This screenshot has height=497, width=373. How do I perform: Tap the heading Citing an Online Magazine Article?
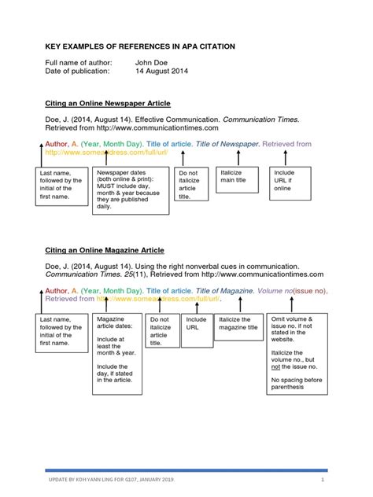105,250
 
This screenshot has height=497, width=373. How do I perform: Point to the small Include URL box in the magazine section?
196,325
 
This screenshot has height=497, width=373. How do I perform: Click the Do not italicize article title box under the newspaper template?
190,185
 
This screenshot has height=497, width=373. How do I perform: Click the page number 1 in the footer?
323,479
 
